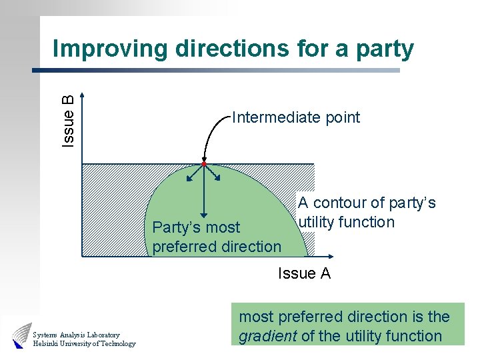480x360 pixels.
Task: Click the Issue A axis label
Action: (304, 273)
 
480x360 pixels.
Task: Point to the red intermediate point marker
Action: (204, 164)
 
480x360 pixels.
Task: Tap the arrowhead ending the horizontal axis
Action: (331, 257)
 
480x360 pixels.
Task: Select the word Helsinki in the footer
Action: (47, 344)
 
